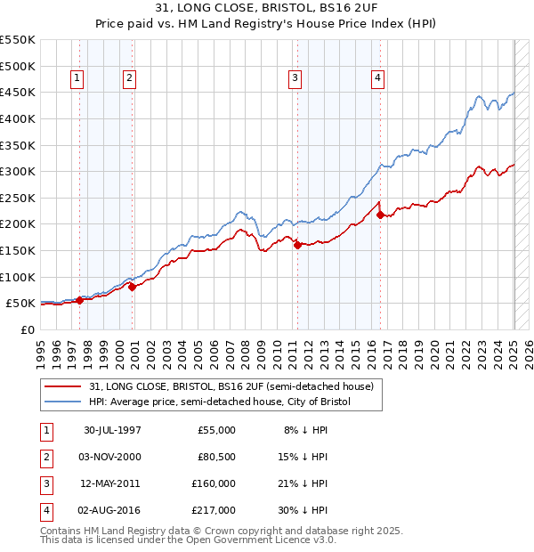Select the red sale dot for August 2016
coord(380,215)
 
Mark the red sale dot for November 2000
coord(132,287)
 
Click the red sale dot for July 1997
coord(80,300)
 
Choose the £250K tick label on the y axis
coord(18,198)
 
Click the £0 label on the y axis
coord(28,329)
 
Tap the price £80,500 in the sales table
coord(214,457)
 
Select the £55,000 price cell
coord(214,430)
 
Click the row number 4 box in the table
coord(45,510)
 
